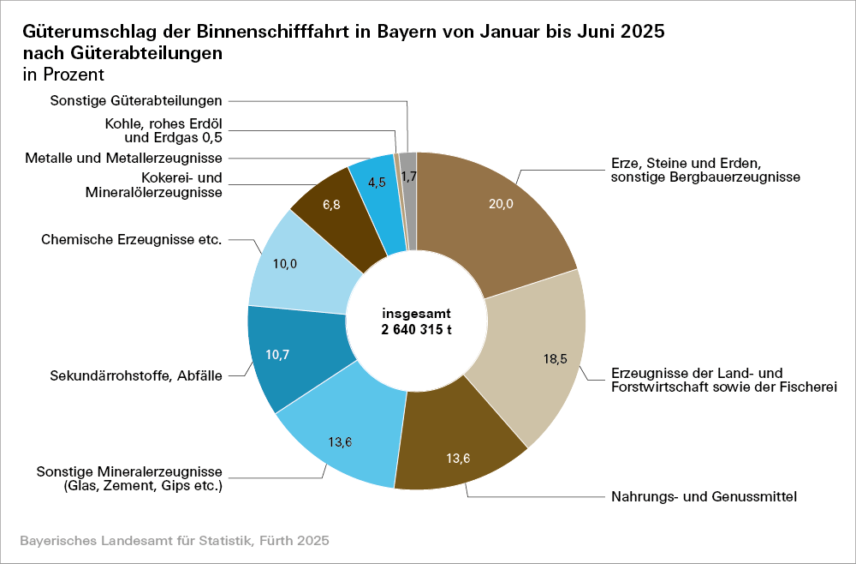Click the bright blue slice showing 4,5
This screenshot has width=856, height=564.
(x=376, y=182)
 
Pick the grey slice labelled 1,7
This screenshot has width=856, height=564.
(x=408, y=177)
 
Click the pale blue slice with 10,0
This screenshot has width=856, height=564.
(x=284, y=264)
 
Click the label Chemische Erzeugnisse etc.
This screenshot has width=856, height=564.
(x=131, y=239)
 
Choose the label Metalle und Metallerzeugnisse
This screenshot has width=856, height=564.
(x=124, y=158)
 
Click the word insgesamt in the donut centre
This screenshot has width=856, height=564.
(x=416, y=314)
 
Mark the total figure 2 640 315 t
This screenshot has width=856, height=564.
(x=416, y=329)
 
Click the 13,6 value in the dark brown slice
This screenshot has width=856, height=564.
(x=459, y=458)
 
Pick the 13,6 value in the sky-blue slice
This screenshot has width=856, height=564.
(x=340, y=442)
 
